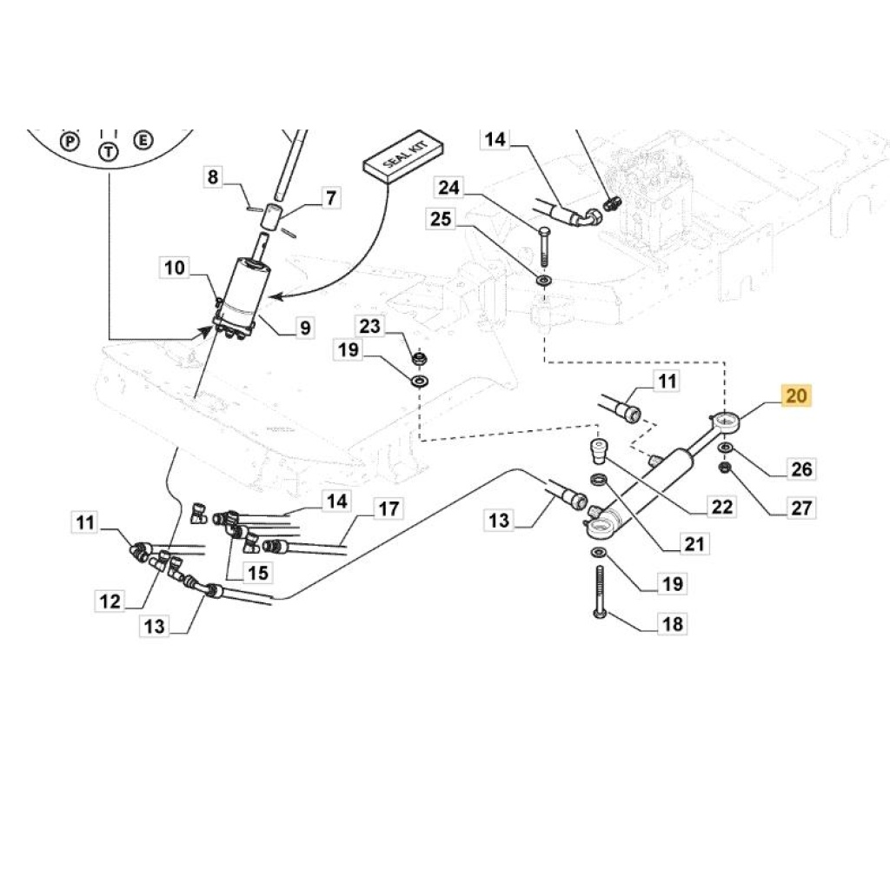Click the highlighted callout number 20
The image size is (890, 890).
[x=796, y=396]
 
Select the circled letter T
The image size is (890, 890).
[x=108, y=151]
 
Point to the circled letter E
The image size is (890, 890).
[x=143, y=139]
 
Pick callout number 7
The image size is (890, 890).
[x=329, y=198]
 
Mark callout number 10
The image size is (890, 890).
[x=175, y=267]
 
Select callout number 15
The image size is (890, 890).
[x=258, y=572]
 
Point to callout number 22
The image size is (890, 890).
[x=722, y=507]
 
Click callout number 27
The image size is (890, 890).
[x=800, y=508]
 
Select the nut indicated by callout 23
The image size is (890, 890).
[x=419, y=357]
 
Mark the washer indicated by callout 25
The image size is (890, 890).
[x=544, y=281]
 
